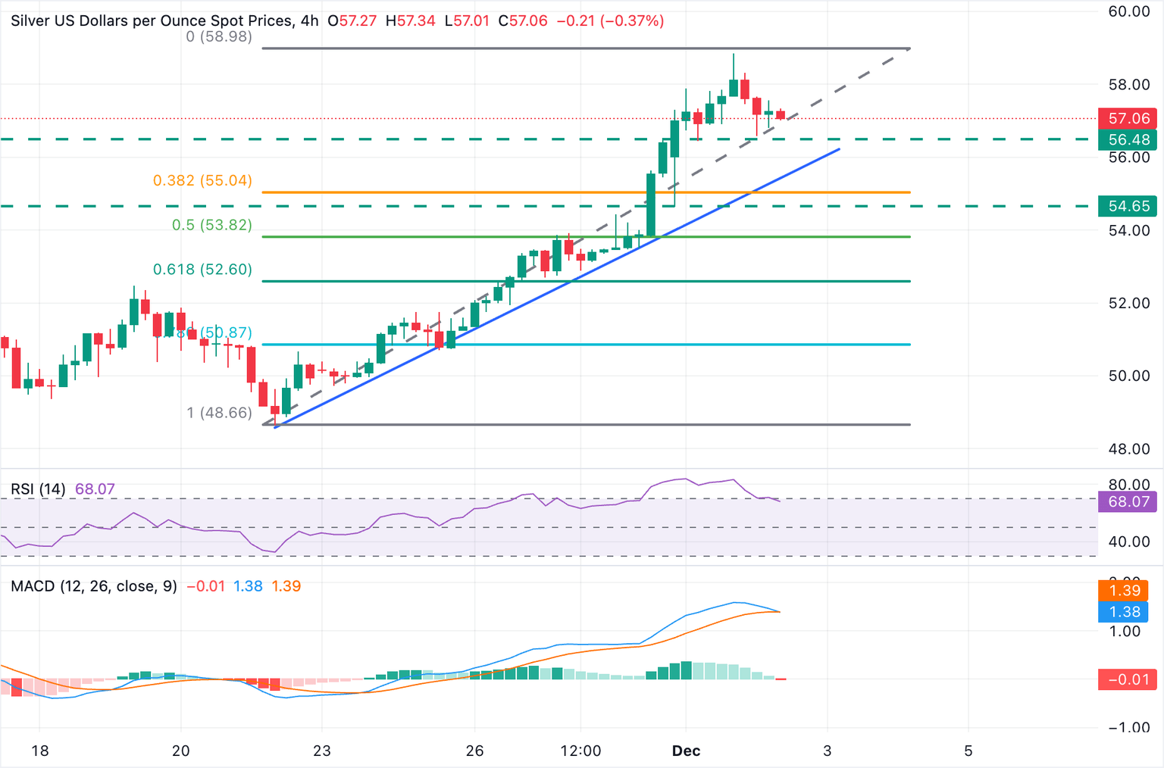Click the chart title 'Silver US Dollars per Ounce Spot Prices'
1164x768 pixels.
pos(152,20)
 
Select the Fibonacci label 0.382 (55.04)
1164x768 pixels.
pos(202,180)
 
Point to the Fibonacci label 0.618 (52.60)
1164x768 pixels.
pos(202,269)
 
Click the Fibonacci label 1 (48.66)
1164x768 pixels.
pos(219,412)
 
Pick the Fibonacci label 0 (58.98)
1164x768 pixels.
pos(219,36)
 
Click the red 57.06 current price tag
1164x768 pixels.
pos(1128,118)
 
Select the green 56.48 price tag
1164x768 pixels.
pos(1128,139)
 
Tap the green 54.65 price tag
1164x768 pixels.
pos(1128,206)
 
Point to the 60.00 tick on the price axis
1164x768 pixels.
pos(1128,11)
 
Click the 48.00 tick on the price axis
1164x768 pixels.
pos(1128,448)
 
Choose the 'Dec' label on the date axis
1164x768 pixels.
pos(686,751)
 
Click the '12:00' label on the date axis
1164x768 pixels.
pos(580,751)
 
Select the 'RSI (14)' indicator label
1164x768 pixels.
pos(38,489)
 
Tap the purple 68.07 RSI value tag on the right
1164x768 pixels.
pos(1128,501)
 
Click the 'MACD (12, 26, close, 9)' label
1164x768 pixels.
pos(94,586)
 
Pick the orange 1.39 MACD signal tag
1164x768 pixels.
pos(1124,590)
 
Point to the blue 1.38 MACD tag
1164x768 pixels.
pos(1124,611)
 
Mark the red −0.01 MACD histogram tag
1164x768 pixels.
pos(1128,679)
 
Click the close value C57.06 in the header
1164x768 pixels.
pos(523,20)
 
